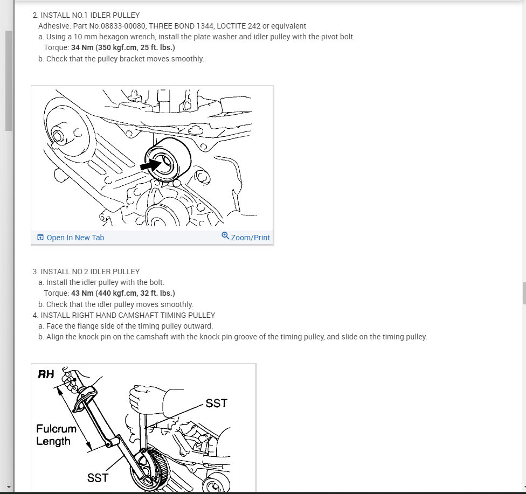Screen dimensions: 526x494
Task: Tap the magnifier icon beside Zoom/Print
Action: click(x=225, y=236)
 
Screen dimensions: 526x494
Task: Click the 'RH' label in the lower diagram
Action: click(x=46, y=374)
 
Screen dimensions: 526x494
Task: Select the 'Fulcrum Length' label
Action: click(x=56, y=435)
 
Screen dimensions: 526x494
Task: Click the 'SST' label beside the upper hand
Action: click(x=216, y=403)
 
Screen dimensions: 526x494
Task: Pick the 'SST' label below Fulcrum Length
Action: click(x=98, y=477)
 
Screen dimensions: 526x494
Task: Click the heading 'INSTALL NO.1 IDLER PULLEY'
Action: click(x=90, y=15)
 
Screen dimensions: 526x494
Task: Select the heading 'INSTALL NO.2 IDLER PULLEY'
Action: click(x=90, y=272)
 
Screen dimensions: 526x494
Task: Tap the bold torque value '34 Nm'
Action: click(x=82, y=47)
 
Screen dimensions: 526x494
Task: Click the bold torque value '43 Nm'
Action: click(x=82, y=293)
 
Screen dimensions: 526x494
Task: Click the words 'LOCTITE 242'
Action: click(x=239, y=26)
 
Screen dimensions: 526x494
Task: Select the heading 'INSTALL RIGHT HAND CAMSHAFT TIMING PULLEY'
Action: click(x=128, y=315)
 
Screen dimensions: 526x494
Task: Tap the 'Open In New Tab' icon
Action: click(x=40, y=237)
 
